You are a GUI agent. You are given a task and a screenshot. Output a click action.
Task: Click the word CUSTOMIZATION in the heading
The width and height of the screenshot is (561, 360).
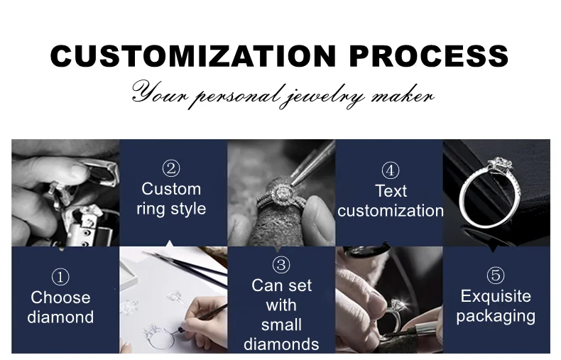[193, 56]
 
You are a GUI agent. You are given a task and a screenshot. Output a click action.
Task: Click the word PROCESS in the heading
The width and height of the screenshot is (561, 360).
[429, 56]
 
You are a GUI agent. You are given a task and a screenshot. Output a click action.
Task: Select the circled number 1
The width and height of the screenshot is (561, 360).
[60, 277]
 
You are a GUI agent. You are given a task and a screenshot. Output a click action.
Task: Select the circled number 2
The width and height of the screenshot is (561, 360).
[171, 168]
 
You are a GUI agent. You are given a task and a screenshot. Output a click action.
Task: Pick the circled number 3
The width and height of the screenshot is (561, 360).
[281, 265]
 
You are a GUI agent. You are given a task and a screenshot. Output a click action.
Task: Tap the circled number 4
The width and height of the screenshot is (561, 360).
[391, 170]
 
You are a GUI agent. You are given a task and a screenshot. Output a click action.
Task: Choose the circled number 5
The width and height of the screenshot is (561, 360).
[496, 276]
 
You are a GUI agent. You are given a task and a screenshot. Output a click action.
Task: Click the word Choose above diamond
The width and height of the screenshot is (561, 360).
[60, 298]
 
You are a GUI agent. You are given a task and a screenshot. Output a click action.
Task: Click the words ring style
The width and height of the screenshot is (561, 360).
[171, 209]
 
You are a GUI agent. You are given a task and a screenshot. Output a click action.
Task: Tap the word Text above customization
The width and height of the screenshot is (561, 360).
[391, 191]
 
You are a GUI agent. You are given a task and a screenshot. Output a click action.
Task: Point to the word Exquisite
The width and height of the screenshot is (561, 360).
[496, 296]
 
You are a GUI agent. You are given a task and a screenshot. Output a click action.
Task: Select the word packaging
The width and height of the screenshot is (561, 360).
[496, 317]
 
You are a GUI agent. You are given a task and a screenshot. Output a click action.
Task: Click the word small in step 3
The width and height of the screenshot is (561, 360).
[281, 325]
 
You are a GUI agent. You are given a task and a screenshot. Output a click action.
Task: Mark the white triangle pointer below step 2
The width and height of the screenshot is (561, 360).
[170, 244]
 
